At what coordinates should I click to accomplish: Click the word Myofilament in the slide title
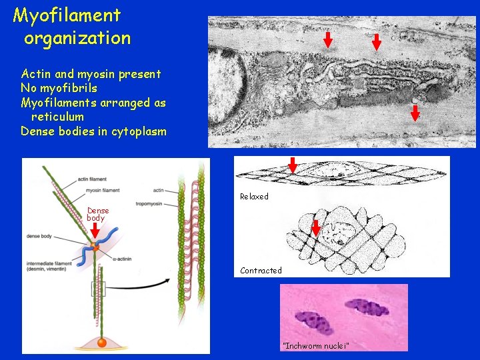click(67, 15)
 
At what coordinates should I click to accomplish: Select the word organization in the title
click(77, 38)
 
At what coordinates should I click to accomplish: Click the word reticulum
click(57, 117)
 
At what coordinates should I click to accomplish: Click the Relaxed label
click(254, 197)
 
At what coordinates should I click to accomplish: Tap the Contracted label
click(261, 271)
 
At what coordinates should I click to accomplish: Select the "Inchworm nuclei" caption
click(315, 345)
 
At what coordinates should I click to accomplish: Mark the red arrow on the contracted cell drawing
click(316, 228)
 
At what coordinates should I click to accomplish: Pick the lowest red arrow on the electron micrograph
click(415, 112)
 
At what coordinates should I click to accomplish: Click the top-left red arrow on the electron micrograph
click(328, 40)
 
